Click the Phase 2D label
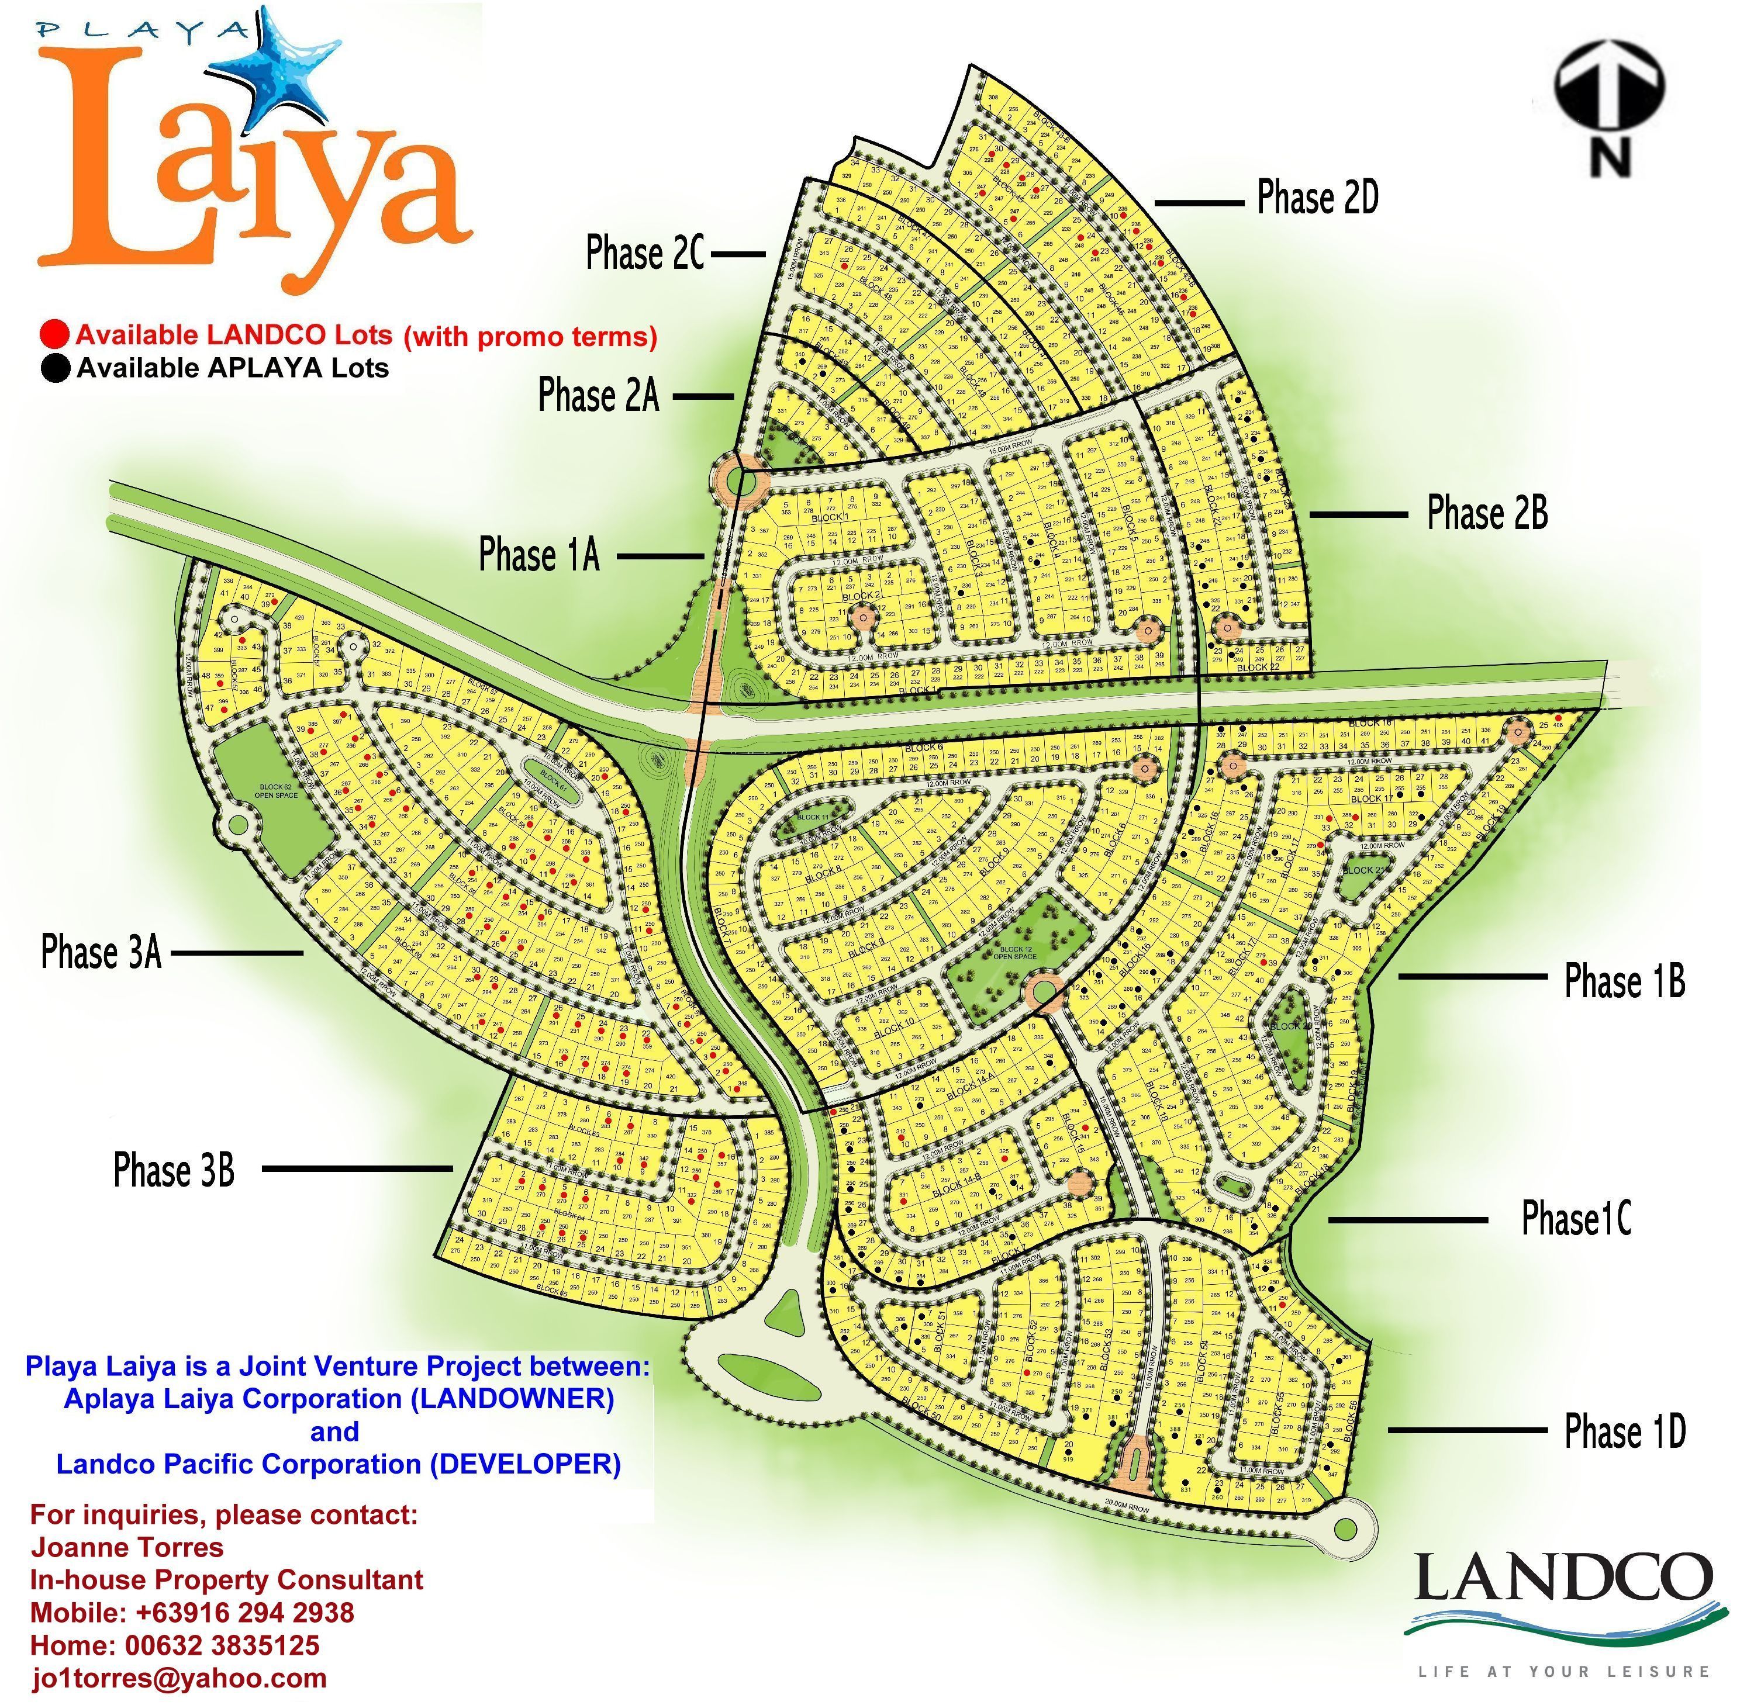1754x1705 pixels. tap(1317, 198)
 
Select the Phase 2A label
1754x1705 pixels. tap(598, 396)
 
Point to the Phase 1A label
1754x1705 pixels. tap(539, 555)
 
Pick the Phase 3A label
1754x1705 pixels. tap(101, 952)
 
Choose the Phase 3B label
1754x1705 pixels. tap(174, 1170)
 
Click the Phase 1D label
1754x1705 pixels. tap(1624, 1431)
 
